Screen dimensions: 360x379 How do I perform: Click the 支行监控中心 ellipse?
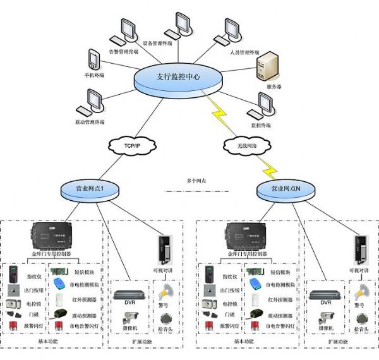pyautogui.click(x=179, y=78)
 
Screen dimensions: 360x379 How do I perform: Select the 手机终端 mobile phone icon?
pyautogui.click(x=93, y=58)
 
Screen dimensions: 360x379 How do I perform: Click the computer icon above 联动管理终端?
pyautogui.click(x=93, y=101)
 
